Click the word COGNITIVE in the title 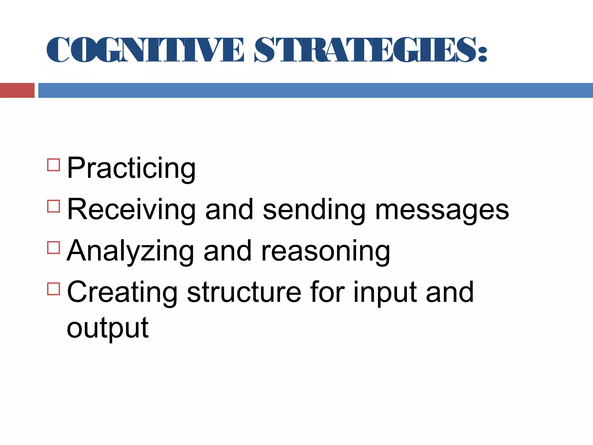tap(145, 50)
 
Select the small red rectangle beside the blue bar tap(17, 90)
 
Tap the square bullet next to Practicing tap(53, 165)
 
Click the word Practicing tap(131, 168)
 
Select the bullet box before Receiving tap(53, 206)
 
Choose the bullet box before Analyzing tap(53, 248)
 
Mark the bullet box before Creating tap(53, 289)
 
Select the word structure tap(244, 292)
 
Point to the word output tap(107, 328)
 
